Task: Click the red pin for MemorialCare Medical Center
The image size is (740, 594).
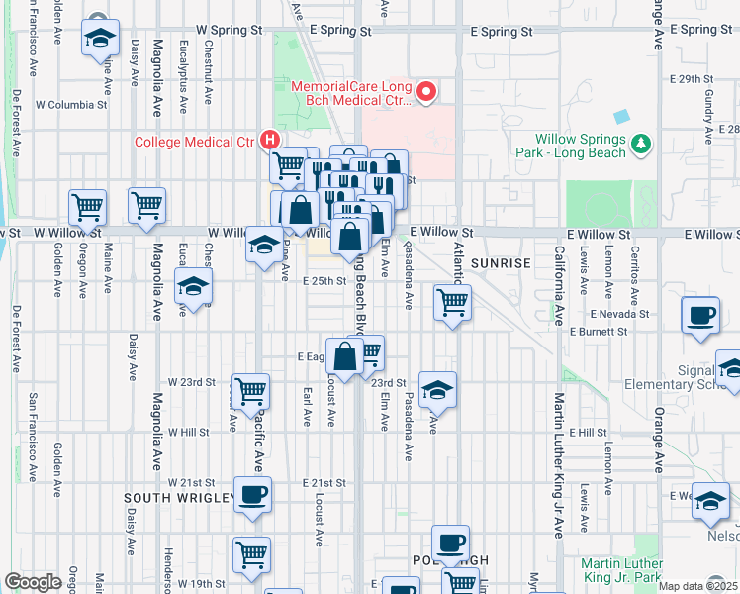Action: click(428, 93)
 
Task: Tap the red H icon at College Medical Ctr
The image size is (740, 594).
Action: click(268, 141)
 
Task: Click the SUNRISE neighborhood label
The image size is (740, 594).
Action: click(501, 263)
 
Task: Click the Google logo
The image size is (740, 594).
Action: click(33, 582)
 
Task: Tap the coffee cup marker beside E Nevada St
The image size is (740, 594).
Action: click(701, 316)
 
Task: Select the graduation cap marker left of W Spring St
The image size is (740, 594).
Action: click(99, 39)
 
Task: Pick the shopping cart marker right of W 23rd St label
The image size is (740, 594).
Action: click(251, 390)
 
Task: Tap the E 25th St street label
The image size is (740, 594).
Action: click(324, 281)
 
